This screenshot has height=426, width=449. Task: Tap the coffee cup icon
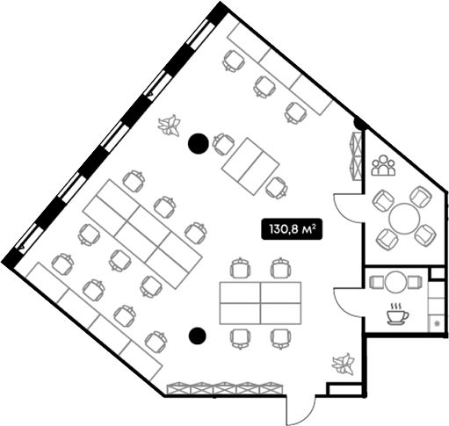tap(397, 314)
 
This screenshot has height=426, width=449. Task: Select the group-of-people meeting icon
tap(383, 166)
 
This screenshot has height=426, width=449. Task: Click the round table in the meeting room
tap(404, 219)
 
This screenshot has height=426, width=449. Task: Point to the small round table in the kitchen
tap(395, 282)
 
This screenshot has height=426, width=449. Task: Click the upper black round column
tap(199, 143)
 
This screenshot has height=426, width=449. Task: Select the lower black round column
tap(198, 336)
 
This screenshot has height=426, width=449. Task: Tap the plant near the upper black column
tap(170, 126)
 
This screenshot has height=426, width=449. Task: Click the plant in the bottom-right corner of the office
tap(344, 365)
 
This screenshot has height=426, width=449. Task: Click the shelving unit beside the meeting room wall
tap(356, 155)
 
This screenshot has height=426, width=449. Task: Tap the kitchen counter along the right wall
tap(437, 307)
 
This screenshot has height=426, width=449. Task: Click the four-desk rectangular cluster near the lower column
tap(260, 303)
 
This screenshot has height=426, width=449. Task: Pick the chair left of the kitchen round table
tap(377, 283)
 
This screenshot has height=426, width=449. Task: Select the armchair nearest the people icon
tap(383, 200)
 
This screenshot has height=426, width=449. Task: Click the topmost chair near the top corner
tap(234, 61)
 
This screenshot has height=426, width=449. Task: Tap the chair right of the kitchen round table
tap(415, 283)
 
